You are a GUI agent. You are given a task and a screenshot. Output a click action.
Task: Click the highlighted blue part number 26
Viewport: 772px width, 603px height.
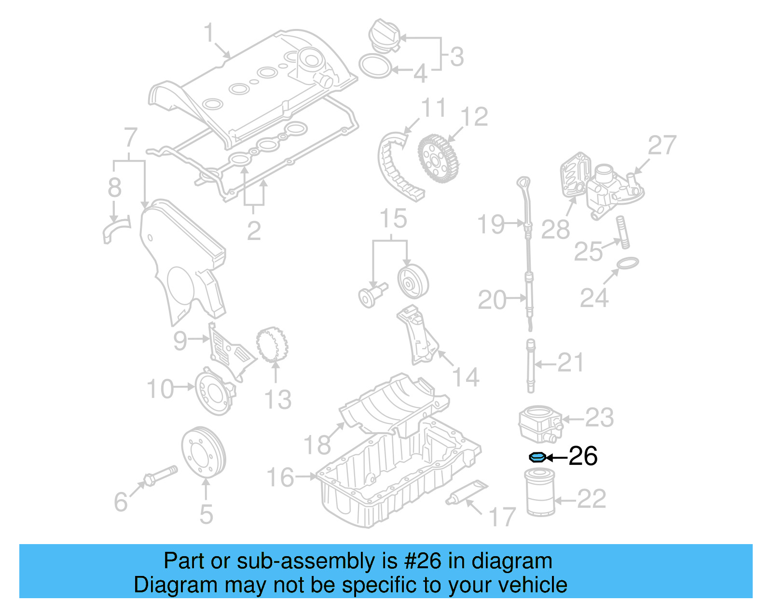pos(537,457)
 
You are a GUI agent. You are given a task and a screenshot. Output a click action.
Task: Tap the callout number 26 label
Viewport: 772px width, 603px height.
pos(583,456)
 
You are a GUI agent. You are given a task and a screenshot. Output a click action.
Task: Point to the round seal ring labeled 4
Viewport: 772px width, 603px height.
pos(375,67)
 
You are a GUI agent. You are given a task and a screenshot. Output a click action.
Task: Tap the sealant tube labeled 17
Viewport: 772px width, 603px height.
pos(466,493)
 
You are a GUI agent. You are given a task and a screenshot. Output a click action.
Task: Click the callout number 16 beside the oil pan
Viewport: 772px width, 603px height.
pos(280,477)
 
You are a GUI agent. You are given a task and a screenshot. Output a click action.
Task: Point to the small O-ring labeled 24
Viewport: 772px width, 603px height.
pos(627,263)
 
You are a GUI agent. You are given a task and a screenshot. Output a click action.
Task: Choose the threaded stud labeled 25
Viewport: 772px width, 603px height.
pos(622,233)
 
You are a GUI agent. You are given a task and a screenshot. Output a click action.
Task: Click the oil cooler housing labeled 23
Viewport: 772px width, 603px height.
pos(539,423)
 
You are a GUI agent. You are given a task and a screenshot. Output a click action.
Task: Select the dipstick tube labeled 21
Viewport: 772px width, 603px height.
pos(531,365)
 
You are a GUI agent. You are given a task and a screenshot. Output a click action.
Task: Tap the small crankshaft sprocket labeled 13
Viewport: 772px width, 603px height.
pos(272,345)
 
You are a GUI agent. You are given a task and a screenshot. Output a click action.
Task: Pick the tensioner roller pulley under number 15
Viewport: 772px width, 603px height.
pos(413,282)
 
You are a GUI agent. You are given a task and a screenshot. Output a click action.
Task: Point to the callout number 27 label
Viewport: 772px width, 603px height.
pos(662,145)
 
